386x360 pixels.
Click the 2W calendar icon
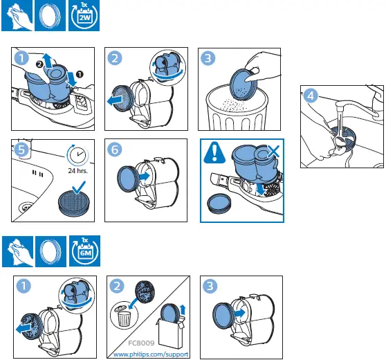pos(84,16)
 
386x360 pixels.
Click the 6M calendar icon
pos(84,251)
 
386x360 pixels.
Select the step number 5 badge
pos(23,149)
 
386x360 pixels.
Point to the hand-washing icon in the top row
pos(16,16)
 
